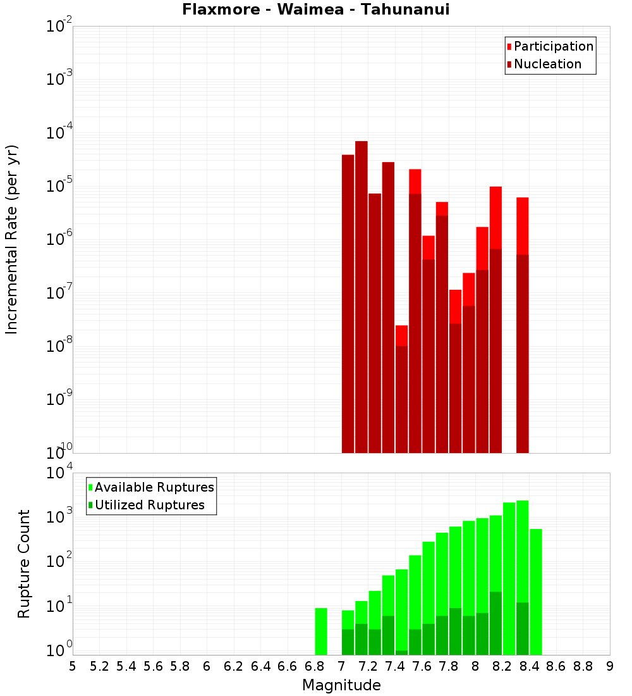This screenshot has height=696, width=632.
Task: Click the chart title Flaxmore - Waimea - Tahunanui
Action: [x=316, y=9]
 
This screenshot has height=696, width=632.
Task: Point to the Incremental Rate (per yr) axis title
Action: [x=11, y=239]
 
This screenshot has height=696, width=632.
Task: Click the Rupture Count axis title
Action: [x=24, y=563]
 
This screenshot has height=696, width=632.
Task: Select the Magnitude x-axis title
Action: [x=341, y=685]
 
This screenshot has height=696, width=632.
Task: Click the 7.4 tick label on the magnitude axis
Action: [x=395, y=666]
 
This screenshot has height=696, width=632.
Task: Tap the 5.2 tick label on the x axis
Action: [x=99, y=666]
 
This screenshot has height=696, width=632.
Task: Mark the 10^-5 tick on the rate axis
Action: [x=58, y=186]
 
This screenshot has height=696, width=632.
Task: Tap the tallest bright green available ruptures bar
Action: [x=522, y=550]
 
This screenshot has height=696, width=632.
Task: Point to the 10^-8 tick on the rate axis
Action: [x=58, y=346]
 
